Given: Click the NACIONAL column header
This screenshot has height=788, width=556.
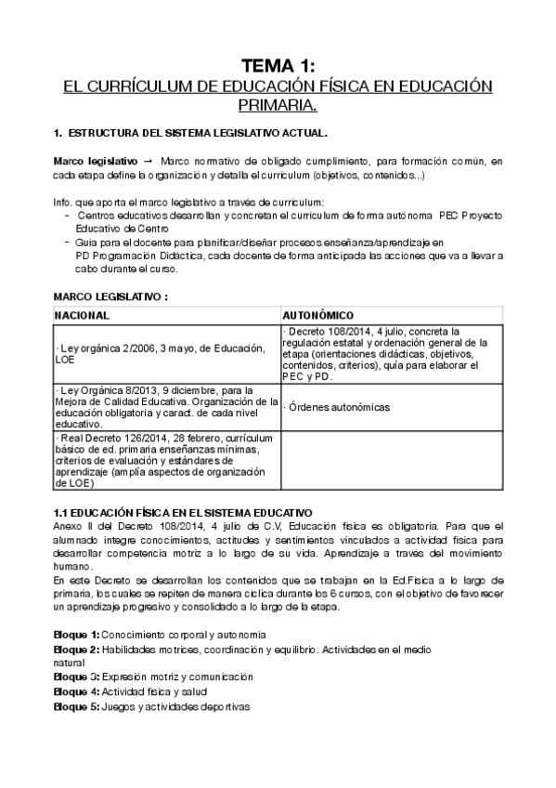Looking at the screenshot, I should point(83,315).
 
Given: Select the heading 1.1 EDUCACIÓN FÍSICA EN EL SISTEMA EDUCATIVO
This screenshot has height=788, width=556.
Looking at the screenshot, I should point(183,513).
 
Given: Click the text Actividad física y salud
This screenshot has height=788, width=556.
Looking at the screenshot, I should point(155,691).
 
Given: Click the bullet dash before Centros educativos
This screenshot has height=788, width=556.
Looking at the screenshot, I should point(68,215).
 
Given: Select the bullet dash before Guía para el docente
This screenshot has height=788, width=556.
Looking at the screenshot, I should point(68,242).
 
